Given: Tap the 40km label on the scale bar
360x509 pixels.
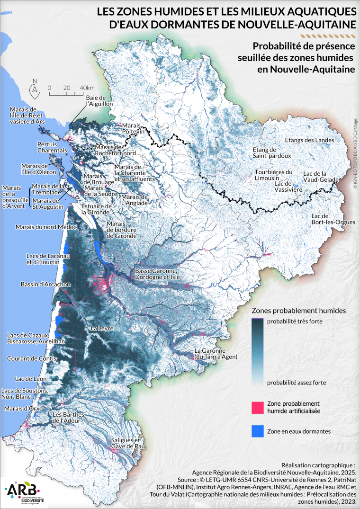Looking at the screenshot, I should (87, 88).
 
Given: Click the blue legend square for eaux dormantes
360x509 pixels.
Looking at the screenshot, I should (257, 431).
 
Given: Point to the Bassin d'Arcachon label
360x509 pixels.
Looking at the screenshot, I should (45, 285).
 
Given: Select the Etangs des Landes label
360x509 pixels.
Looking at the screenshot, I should (309, 140).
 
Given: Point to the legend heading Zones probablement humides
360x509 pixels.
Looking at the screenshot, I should (298, 311).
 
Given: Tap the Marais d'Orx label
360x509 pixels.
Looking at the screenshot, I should (20, 408).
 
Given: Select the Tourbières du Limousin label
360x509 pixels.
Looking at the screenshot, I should (273, 175).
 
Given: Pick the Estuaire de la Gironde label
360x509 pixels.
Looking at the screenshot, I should (96, 209).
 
